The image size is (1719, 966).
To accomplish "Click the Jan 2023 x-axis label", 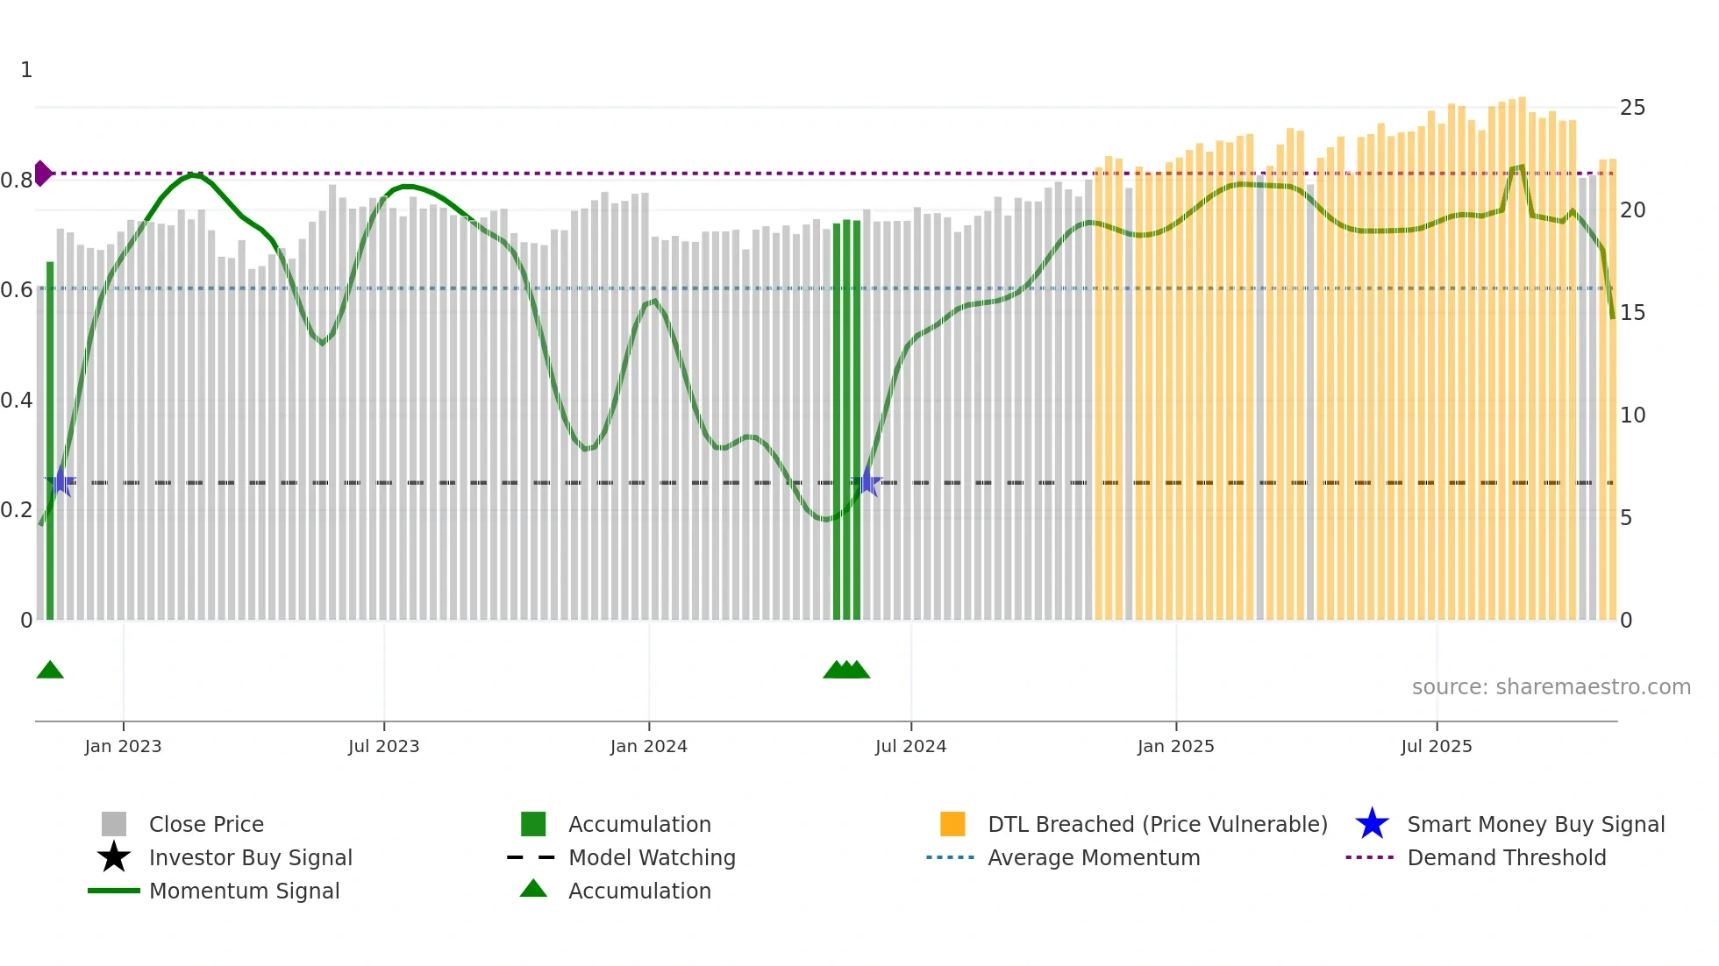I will click(x=123, y=746).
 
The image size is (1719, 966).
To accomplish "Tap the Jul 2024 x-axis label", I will click(x=910, y=746).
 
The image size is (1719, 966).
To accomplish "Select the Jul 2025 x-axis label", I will click(x=1436, y=746).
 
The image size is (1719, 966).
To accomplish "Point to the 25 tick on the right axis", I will click(x=1632, y=108).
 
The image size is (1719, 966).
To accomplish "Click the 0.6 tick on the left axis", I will click(x=17, y=290).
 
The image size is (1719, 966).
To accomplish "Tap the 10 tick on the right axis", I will click(x=1632, y=416).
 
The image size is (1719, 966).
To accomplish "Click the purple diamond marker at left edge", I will click(x=42, y=174).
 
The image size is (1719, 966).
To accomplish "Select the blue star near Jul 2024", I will click(x=867, y=481).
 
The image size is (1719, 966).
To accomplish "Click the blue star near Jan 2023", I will click(x=61, y=481).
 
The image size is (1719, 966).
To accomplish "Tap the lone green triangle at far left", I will click(x=50, y=671).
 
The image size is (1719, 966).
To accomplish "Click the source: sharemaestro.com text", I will click(x=1551, y=687).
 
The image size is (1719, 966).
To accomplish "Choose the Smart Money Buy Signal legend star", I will click(x=1372, y=824).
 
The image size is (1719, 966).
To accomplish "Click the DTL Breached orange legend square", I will click(x=952, y=824).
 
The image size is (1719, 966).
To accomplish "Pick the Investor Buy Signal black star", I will click(x=114, y=857).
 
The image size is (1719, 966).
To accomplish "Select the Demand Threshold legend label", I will click(x=1506, y=857).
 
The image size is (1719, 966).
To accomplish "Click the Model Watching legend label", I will click(x=652, y=857).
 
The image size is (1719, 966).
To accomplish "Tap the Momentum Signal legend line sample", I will click(x=114, y=891).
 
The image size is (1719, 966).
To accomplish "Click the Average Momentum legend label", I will click(x=1094, y=857).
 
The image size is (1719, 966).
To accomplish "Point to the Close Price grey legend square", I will click(x=114, y=824).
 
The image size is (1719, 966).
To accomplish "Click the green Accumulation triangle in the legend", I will click(x=533, y=890).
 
